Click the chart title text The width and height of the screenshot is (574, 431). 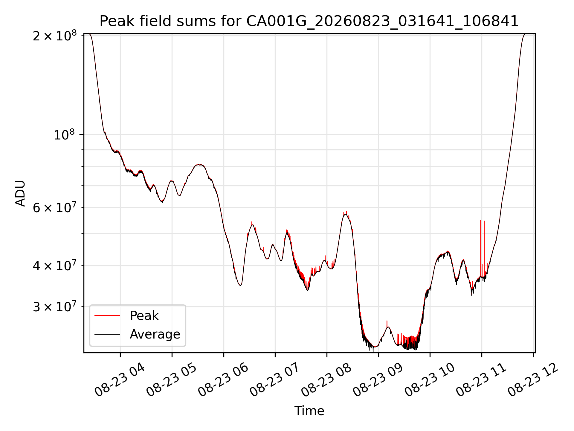click(309, 21)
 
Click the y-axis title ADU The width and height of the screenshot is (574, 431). click(20, 193)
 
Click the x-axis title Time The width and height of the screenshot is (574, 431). click(309, 411)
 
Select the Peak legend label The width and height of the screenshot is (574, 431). click(144, 316)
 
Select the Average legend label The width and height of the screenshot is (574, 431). click(155, 334)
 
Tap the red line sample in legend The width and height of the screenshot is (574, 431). click(107, 315)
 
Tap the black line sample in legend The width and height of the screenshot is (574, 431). click(107, 334)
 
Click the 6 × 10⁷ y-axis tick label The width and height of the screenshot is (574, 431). click(55, 207)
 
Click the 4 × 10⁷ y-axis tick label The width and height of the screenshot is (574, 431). click(55, 265)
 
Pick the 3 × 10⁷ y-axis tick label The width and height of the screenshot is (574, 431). click(55, 306)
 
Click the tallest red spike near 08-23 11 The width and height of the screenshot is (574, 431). click(480, 248)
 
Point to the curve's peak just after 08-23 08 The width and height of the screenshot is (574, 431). click(346, 214)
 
